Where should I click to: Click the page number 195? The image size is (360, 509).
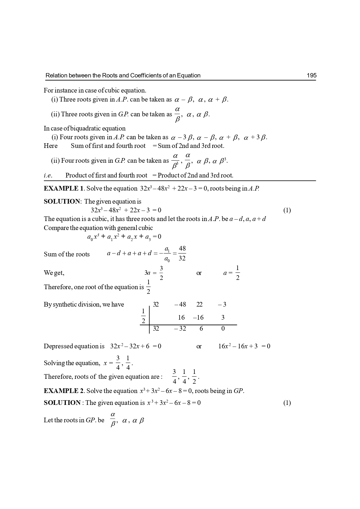(x=311, y=76)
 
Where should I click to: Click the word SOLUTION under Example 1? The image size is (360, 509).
(x=62, y=202)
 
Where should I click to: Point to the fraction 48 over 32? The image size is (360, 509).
(x=182, y=253)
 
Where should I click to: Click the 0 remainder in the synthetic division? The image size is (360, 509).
(x=223, y=329)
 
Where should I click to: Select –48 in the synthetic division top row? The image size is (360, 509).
(x=180, y=305)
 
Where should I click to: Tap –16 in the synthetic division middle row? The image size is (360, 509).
(x=198, y=318)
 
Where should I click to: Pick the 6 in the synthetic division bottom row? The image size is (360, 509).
(x=201, y=329)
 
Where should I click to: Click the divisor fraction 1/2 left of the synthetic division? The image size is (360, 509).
(x=143, y=316)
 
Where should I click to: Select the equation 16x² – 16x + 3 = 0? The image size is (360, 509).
(x=244, y=346)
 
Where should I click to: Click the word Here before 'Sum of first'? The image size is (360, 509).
(x=51, y=146)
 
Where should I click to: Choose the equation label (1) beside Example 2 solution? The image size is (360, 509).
(x=287, y=403)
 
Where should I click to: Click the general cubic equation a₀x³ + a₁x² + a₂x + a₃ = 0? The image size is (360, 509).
(x=124, y=237)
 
